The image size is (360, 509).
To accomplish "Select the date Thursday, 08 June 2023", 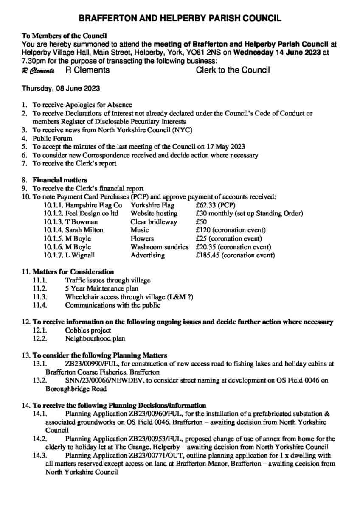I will [61, 89].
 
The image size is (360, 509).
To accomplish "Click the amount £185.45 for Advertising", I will [208, 255].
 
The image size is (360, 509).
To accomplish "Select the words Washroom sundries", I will [159, 247].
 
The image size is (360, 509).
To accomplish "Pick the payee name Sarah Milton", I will [84, 230].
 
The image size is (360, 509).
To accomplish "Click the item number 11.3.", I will [39, 297].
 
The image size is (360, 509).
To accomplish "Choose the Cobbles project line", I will [88, 330].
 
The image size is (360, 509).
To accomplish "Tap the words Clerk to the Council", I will [233, 70].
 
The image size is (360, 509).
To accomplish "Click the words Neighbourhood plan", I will [95, 338].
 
